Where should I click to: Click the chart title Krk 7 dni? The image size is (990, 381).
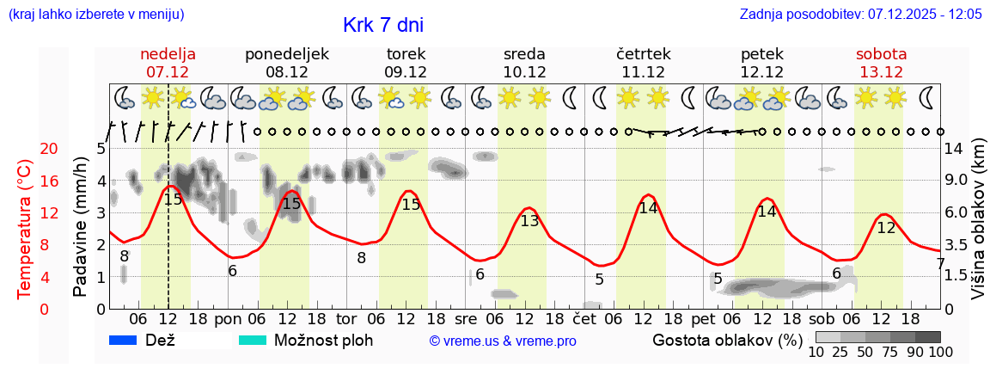coord(382,25)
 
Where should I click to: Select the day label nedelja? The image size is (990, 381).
coord(168,54)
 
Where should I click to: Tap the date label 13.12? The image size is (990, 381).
coord(881,72)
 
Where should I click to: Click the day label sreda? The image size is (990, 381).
coord(524,54)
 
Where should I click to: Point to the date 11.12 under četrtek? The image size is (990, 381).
coord(643,72)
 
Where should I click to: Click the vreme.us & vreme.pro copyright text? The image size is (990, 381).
coord(503,341)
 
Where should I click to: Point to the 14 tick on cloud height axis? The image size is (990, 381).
coord(954,149)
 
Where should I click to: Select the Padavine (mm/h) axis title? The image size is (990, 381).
coord(80,227)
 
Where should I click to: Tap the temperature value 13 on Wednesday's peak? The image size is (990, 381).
coord(529,221)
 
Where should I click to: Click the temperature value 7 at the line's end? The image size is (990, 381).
coord(940,264)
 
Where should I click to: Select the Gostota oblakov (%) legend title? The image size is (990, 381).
coord(727,340)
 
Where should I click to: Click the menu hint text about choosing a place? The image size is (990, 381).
coord(95,15)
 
